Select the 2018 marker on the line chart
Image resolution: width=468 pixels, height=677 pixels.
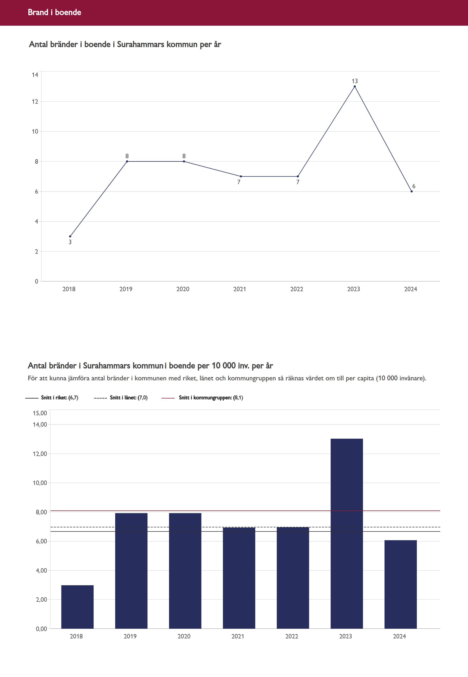click(70, 236)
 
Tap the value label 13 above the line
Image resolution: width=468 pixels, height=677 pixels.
click(355, 81)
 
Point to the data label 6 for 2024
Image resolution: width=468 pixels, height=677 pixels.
click(413, 186)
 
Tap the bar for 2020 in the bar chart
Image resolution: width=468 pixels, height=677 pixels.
click(185, 571)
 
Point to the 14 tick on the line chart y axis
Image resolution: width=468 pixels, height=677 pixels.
click(35, 75)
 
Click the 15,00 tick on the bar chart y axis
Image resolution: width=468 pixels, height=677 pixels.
click(40, 413)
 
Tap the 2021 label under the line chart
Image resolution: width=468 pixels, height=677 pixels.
click(240, 289)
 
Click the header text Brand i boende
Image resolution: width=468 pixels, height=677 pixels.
click(55, 12)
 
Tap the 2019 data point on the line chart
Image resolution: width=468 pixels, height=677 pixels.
click(127, 161)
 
